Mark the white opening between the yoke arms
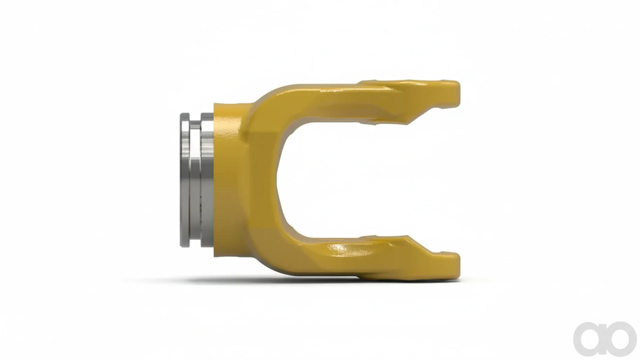tap(360, 180)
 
